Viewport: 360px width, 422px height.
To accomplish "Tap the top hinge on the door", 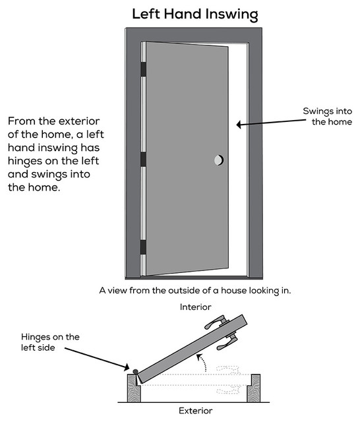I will [142, 69].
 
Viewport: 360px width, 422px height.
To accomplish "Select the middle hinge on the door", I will [142, 159].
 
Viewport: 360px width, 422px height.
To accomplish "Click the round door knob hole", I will [218, 160].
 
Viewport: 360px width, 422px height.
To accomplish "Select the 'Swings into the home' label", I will [327, 116].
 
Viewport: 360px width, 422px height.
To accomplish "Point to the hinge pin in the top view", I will [135, 372].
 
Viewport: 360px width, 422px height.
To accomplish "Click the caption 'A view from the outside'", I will [195, 289].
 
